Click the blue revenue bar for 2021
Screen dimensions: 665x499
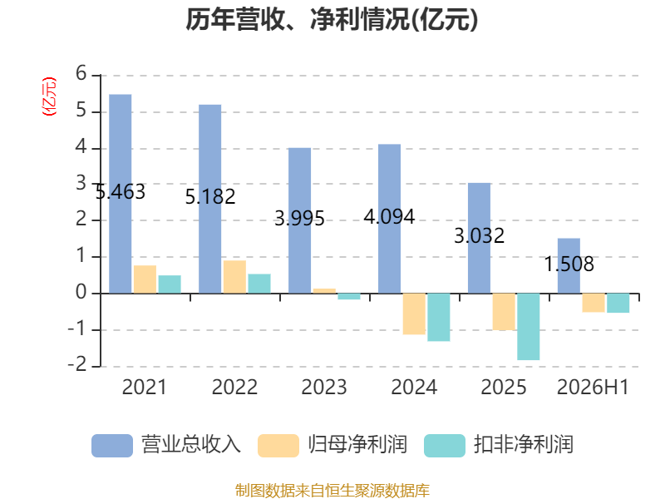120,194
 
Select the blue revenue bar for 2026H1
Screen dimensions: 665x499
569,265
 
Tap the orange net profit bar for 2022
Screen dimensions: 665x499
234,277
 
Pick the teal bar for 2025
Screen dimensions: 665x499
529,327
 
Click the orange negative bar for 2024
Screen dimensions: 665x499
414,314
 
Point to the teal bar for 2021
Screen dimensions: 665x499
170,284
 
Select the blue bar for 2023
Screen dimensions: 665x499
299,220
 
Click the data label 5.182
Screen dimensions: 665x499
210,197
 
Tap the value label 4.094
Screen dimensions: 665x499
389,217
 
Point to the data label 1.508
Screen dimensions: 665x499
569,264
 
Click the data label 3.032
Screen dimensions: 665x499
480,236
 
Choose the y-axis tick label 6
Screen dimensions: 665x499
81,74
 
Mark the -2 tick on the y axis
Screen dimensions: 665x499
77,365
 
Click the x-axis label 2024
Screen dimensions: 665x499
414,388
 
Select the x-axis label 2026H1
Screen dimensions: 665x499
593,388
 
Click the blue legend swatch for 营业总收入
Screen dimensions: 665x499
112,446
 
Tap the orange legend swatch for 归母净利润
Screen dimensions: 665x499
278,446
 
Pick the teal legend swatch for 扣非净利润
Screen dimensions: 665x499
445,446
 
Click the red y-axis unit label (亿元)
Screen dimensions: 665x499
49,96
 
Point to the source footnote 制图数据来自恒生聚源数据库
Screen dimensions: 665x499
332,491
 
